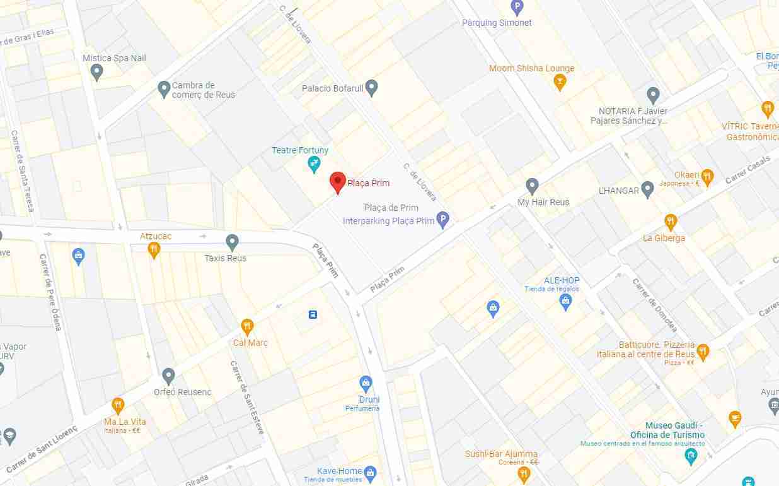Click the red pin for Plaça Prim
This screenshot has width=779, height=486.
pos(338,182)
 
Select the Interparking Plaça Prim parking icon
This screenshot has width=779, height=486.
pos(443,220)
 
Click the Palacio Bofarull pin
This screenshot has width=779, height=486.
pos(372,87)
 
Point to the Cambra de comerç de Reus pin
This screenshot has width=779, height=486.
pos(164,88)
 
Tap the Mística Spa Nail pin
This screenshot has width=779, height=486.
pos(96,72)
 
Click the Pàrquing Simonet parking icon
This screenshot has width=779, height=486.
pos(517,8)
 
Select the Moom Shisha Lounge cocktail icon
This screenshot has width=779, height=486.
pos(559,82)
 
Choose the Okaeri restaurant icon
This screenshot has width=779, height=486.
pos(707,177)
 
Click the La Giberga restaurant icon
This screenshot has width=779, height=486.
pos(671,222)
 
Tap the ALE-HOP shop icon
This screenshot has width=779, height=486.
pos(565,302)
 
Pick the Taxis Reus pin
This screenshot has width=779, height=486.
pos(232,242)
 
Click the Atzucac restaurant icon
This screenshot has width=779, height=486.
pos(153,251)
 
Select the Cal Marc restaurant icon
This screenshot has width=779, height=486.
pos(247,327)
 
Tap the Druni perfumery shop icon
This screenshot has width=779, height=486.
pos(366,383)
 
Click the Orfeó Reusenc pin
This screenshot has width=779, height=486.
pos(168,376)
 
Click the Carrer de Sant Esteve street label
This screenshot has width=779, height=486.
pos(246,397)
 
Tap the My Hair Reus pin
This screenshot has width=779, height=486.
pos(533,186)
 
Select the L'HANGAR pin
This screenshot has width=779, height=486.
pos(647,189)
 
